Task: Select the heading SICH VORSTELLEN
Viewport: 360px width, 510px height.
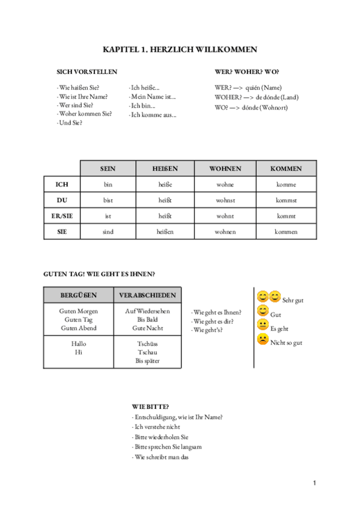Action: coord(87,72)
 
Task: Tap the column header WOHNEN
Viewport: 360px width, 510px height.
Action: coord(225,168)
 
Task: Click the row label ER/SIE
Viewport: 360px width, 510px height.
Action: coord(62,215)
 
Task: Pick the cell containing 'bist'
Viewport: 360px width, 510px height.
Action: coord(108,200)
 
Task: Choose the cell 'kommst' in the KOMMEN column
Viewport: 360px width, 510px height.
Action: coord(286,200)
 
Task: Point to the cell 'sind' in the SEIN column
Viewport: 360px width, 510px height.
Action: coord(108,232)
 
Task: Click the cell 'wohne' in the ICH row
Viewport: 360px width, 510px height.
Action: coord(225,184)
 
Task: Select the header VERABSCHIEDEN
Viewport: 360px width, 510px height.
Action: coord(147,295)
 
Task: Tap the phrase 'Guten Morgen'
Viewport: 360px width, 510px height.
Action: coord(78,311)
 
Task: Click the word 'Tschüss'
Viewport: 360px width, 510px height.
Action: coord(147,343)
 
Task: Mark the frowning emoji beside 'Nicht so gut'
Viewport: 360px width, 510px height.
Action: coord(263,340)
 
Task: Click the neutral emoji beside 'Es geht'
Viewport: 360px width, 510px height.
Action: coord(263,325)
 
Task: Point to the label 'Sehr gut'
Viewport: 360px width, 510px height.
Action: coord(292,300)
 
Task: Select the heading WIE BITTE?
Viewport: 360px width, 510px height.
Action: coord(150,407)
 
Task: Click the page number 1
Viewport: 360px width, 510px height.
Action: coord(314,483)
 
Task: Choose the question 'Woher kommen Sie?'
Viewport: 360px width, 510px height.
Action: coord(85,113)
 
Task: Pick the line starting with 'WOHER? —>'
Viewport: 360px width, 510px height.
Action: coord(256,97)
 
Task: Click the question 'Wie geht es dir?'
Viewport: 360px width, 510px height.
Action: coord(214,321)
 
